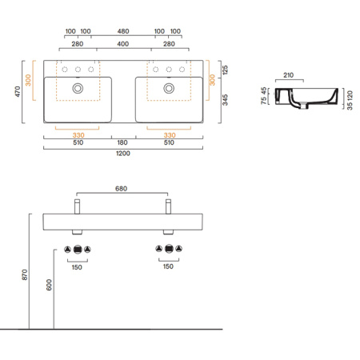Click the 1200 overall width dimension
[123, 153]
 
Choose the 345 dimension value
[226, 100]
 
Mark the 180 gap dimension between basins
[123, 143]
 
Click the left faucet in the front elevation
[77, 206]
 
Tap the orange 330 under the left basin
[78, 134]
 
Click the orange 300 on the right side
[211, 81]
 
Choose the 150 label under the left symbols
[78, 266]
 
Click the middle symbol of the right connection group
[170, 249]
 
